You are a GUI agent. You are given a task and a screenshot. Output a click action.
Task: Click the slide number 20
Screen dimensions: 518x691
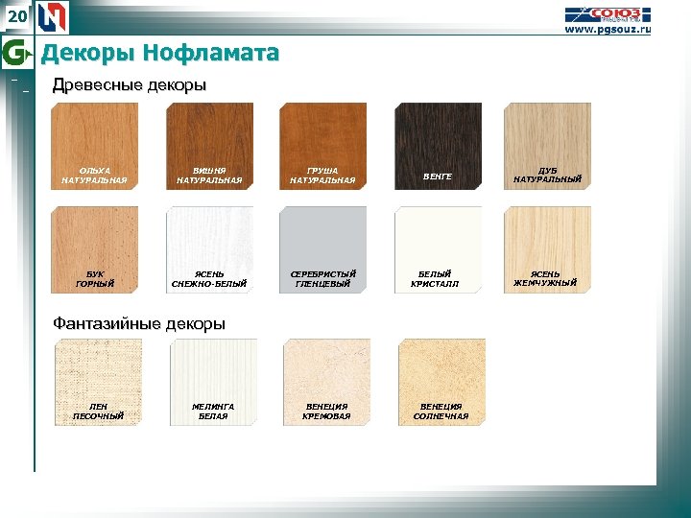(17, 16)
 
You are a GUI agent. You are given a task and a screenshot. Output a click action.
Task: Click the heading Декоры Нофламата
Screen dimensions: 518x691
(159, 53)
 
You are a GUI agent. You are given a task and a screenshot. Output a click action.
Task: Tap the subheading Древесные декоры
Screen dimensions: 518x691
(130, 85)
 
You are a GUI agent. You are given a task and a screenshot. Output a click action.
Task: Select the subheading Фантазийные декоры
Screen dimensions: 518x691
(139, 323)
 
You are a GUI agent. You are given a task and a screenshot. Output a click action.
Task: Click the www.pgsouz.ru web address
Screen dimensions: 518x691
(607, 30)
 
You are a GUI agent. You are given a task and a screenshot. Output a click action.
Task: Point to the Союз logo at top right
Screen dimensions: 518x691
(608, 13)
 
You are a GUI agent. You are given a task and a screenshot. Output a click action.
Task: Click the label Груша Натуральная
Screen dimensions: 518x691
(322, 175)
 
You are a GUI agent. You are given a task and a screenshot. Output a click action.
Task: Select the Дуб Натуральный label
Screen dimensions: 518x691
(547, 175)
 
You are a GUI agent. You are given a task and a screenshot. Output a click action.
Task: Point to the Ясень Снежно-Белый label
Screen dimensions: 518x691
(209, 278)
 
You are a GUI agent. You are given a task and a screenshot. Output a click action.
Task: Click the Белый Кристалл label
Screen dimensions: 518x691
(437, 278)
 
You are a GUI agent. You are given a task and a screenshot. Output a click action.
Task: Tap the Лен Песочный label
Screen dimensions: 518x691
(98, 411)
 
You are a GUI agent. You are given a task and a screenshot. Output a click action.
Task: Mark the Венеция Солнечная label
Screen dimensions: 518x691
(441, 411)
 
